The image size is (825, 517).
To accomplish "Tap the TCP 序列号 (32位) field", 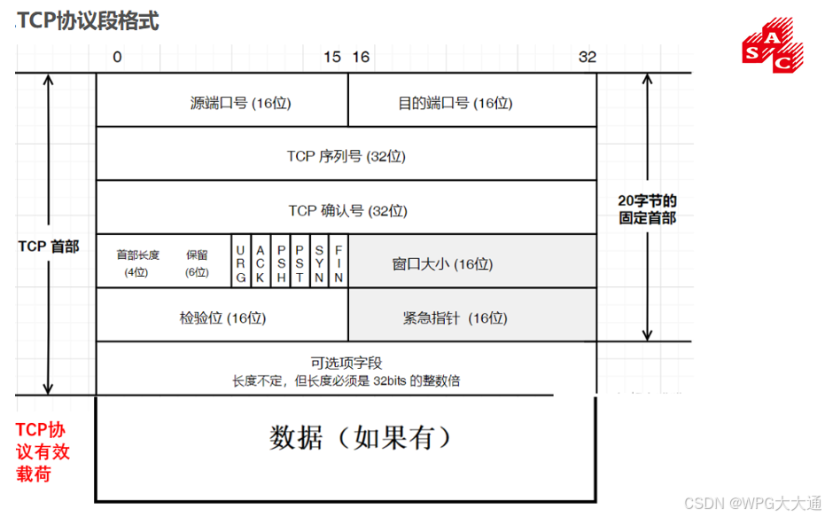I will (346, 156).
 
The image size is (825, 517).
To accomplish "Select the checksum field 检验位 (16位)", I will (222, 317).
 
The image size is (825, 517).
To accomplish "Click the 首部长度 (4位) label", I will (137, 262).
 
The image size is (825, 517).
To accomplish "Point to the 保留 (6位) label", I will (197, 262).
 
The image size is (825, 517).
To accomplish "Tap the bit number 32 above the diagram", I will (588, 57).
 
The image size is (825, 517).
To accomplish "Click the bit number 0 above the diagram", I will (116, 57).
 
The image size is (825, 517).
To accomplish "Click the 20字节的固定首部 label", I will (647, 208).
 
